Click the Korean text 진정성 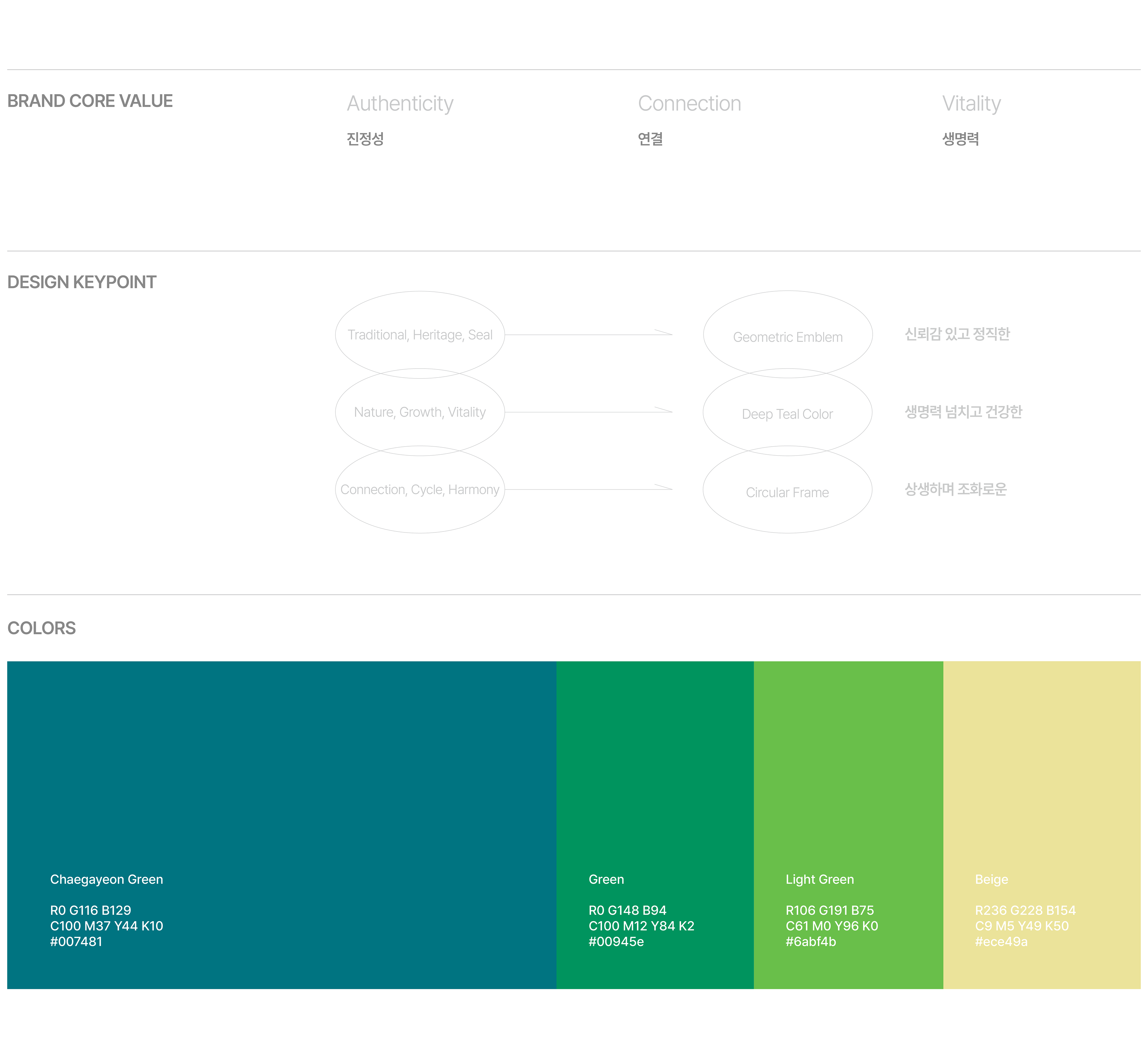click(365, 139)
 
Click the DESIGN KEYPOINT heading click(82, 282)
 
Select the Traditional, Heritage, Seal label click(420, 335)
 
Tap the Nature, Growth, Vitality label click(420, 412)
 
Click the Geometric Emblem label click(787, 337)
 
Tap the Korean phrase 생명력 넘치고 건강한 click(963, 412)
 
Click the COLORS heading click(42, 628)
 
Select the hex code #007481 click(77, 942)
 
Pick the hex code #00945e click(616, 942)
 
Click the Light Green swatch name click(819, 879)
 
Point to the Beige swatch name click(991, 879)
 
